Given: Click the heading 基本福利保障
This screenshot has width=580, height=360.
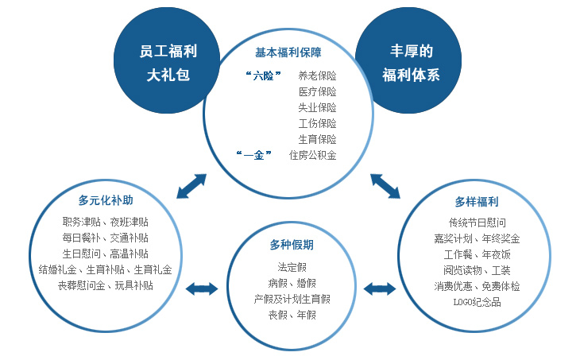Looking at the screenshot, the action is pyautogui.click(x=288, y=52).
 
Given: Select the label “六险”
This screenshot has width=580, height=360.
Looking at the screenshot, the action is pyautogui.click(x=263, y=75).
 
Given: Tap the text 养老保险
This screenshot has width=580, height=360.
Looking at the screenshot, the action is pyautogui.click(x=317, y=75).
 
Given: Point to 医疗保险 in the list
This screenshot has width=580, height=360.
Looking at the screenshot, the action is pyautogui.click(x=317, y=91).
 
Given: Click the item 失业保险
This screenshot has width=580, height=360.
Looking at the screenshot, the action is pyautogui.click(x=317, y=107).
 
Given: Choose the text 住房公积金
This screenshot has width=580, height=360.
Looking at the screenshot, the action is pyautogui.click(x=312, y=155).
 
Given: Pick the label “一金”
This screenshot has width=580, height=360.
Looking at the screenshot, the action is pyautogui.click(x=254, y=155).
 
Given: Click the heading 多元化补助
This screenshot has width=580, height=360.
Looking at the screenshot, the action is pyautogui.click(x=106, y=200).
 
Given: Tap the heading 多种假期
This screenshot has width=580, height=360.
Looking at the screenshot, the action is pyautogui.click(x=292, y=245).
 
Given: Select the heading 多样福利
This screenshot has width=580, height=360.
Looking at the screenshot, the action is pyautogui.click(x=477, y=202).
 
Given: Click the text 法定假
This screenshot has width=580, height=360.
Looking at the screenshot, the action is pyautogui.click(x=292, y=267).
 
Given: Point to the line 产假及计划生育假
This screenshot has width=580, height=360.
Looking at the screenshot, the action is pyautogui.click(x=292, y=299).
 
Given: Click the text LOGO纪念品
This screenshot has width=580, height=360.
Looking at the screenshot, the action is pyautogui.click(x=478, y=302).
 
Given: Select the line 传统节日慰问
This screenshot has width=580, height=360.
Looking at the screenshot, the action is pyautogui.click(x=478, y=223).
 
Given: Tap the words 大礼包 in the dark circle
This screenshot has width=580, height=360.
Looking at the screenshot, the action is pyautogui.click(x=168, y=75).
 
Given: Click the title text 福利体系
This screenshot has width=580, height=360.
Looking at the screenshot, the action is pyautogui.click(x=411, y=75).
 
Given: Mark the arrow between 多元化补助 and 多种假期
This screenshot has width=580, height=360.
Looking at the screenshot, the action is pyautogui.click(x=202, y=289).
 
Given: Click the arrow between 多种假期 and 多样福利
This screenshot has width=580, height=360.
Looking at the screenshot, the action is pyautogui.click(x=380, y=289).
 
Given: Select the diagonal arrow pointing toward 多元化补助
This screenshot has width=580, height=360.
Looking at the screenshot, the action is pyautogui.click(x=191, y=187).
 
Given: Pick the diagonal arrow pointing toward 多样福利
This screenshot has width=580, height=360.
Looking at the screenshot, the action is pyautogui.click(x=385, y=187).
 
